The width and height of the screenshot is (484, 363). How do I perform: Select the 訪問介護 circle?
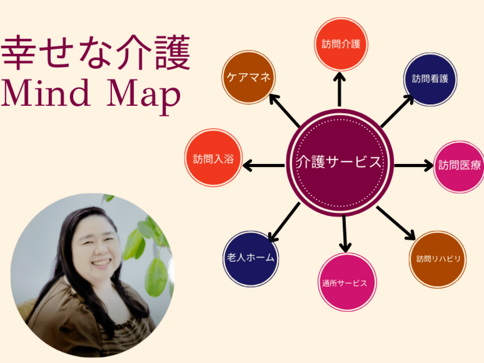pyautogui.click(x=341, y=44)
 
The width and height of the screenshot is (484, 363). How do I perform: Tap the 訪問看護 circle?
pyautogui.click(x=430, y=79)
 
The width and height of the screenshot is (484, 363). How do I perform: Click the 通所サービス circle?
pyautogui.click(x=347, y=282)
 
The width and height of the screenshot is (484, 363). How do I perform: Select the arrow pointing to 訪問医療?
pyautogui.click(x=414, y=165)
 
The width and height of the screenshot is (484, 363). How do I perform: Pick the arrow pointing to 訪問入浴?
pyautogui.click(x=264, y=163)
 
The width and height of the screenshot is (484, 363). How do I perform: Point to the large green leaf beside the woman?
pyautogui.click(x=155, y=275)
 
